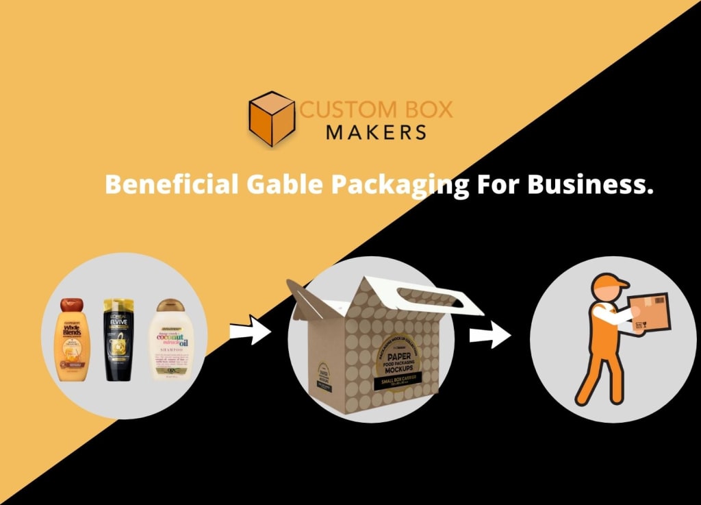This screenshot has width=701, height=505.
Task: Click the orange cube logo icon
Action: (272, 119)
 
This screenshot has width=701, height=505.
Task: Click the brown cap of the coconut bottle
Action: (169, 306)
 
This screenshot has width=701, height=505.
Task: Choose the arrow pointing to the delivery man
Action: (490, 336)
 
